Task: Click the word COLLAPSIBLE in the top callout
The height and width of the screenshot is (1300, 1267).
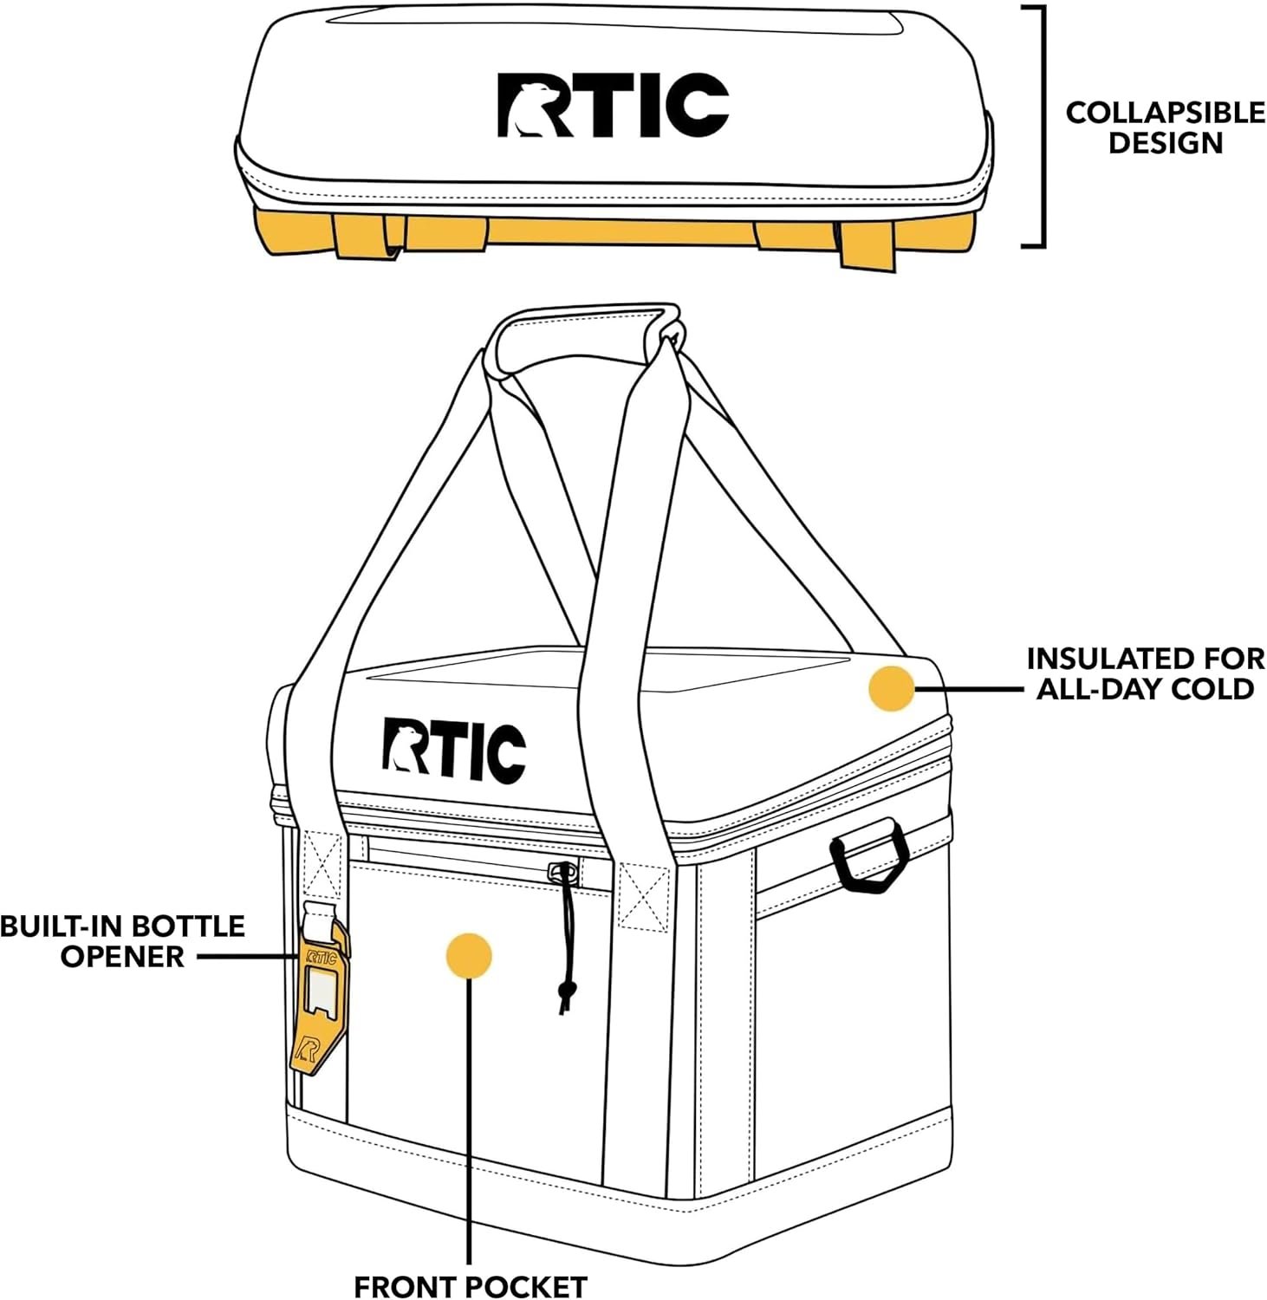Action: pos(1165,113)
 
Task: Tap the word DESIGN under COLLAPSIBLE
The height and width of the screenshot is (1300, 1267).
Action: pos(1165,143)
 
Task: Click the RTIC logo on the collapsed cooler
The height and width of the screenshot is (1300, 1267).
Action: pos(613,105)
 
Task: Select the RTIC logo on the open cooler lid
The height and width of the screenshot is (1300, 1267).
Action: pos(454,748)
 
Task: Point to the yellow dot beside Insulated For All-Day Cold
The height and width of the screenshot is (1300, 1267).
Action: pos(891,689)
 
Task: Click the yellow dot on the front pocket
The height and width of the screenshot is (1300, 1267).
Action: pos(469,956)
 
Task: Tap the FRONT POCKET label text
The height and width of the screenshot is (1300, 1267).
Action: pos(470,1287)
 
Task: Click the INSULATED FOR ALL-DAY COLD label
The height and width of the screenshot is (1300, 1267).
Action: pos(1145,673)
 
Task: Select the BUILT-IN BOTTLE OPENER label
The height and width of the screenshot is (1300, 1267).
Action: pos(122,941)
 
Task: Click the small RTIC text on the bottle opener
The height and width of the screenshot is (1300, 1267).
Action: pos(321,959)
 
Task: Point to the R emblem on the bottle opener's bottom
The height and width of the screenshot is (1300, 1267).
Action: pos(307,1050)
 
